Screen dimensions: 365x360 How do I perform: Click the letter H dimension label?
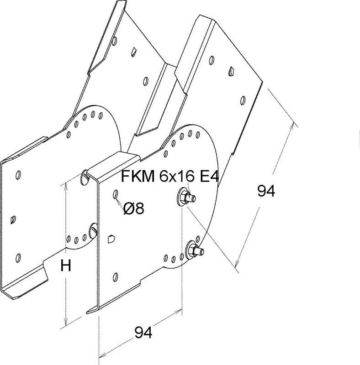[x=66, y=266]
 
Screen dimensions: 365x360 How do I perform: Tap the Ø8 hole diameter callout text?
[x=133, y=209]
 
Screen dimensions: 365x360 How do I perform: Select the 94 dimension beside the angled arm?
[x=265, y=191]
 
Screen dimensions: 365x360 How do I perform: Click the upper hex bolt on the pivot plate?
[x=185, y=198]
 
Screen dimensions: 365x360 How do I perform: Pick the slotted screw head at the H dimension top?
[x=85, y=176]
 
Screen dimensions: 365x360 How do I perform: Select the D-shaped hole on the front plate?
[x=111, y=239]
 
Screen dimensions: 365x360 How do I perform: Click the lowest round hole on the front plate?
[x=116, y=276]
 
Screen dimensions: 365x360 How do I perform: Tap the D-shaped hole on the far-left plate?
[x=12, y=220]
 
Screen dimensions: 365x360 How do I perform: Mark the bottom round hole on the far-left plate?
[x=18, y=257]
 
